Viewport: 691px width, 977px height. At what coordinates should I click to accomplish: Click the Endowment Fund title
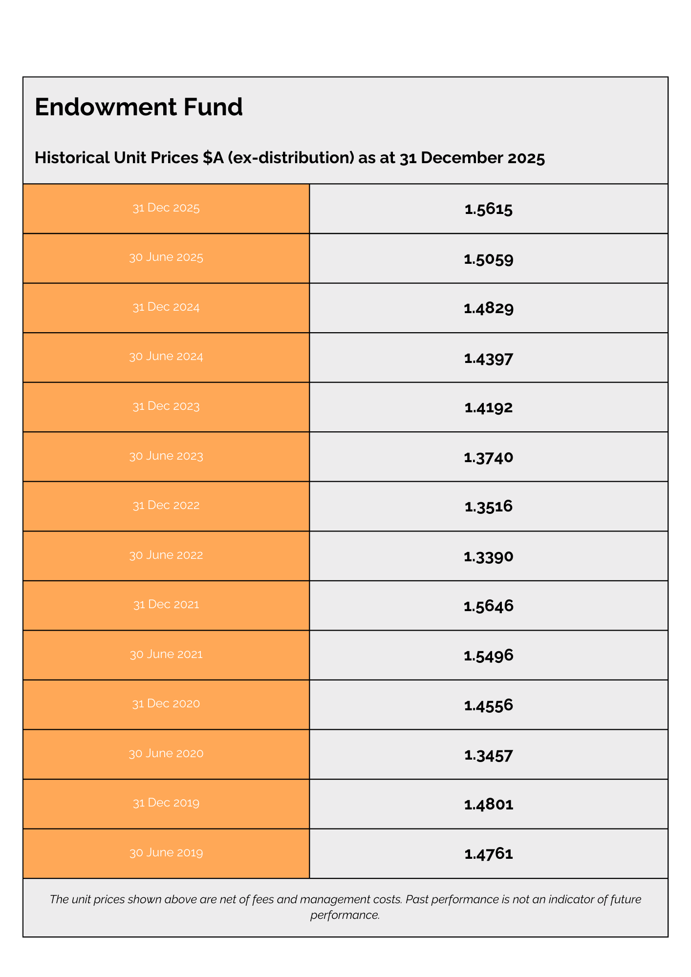point(139,107)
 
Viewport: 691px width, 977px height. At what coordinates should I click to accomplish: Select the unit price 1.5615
point(489,210)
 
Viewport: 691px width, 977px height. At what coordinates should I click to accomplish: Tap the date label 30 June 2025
point(166,257)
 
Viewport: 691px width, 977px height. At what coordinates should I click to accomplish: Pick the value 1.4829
point(489,309)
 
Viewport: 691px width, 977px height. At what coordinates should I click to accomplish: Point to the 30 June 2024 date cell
point(166,357)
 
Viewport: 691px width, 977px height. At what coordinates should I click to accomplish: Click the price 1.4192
point(489,408)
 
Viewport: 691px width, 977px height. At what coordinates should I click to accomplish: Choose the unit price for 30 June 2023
point(489,458)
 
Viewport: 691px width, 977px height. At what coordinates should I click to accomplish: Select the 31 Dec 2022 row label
point(166,506)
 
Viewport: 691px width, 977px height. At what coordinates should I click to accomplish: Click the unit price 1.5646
point(489,606)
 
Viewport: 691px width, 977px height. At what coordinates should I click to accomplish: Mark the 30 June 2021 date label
point(166,655)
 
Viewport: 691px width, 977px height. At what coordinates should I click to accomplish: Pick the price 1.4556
point(489,705)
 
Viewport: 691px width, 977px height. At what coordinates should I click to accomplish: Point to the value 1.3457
point(489,756)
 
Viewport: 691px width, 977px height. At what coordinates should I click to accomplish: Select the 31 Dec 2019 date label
point(166,803)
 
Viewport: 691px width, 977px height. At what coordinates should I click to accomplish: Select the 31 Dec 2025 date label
point(166,208)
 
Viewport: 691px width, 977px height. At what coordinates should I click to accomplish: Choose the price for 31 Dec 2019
point(489,805)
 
